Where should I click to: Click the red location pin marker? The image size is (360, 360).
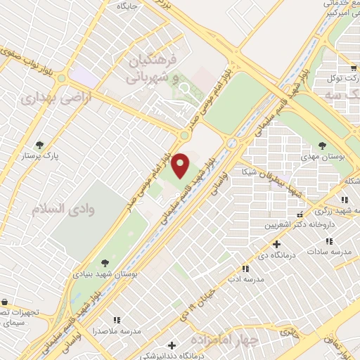click(181, 166)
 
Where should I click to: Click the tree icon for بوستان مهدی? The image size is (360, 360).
click(322, 146)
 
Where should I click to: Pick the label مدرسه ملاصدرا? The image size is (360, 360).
click(117, 330)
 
